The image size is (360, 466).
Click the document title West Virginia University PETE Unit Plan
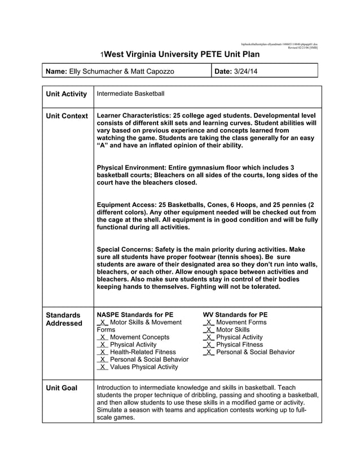click(x=182, y=55)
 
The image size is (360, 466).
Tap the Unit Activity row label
click(x=66, y=94)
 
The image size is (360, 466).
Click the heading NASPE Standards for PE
click(x=135, y=314)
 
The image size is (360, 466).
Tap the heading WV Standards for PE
click(x=235, y=314)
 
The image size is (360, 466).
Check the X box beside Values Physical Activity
click(x=103, y=367)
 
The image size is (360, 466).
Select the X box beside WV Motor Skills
click(x=209, y=329)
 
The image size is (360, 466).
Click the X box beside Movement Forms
click(x=209, y=322)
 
